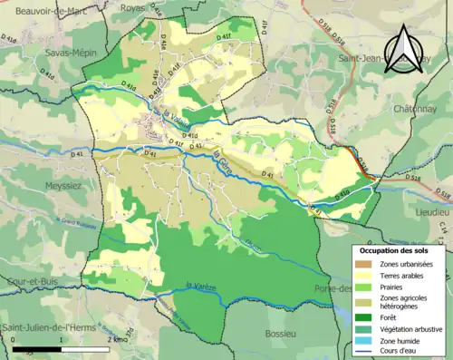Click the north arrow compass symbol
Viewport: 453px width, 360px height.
click(403, 43)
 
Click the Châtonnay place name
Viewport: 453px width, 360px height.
click(416, 110)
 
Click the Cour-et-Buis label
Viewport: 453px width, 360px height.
click(32, 281)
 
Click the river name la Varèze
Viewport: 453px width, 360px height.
click(200, 287)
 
